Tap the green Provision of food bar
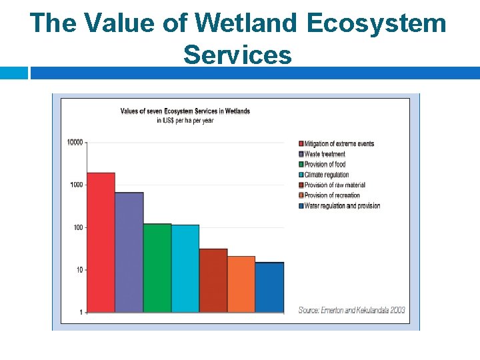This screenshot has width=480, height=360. coord(157,267)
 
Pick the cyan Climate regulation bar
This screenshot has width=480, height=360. coord(185,268)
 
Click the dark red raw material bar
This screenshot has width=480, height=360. coord(213,280)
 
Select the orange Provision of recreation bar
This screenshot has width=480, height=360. coord(241,284)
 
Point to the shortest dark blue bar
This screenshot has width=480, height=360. coord(269,287)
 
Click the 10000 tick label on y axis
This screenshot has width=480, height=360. coord(75,142)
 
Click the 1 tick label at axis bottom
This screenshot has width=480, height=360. coord(81,312)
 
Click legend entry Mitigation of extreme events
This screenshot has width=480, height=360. coord(339,144)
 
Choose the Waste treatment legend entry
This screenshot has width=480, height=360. coord(325,154)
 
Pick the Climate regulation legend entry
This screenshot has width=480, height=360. coord(327,175)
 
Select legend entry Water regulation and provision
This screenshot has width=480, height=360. coord(342,206)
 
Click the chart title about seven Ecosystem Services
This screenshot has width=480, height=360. coord(185,111)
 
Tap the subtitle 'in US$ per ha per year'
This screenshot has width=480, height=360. coord(185,121)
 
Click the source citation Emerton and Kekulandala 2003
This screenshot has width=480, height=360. coord(351,310)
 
